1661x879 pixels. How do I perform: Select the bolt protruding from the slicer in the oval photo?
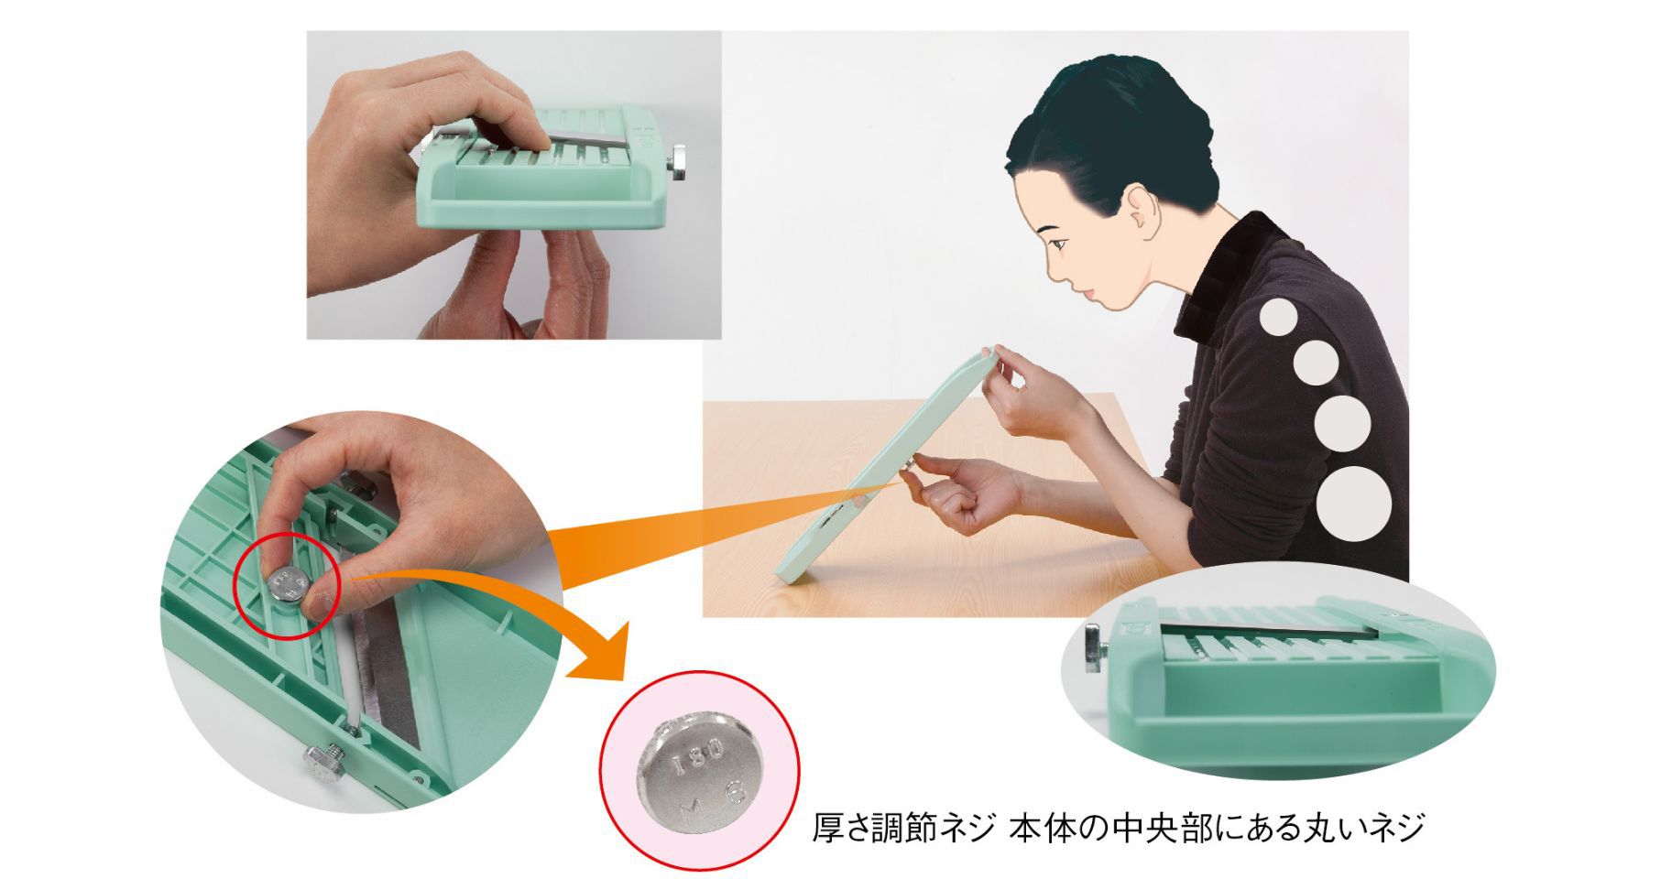pos(1096,646)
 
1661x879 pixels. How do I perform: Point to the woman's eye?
pos(1060,244)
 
